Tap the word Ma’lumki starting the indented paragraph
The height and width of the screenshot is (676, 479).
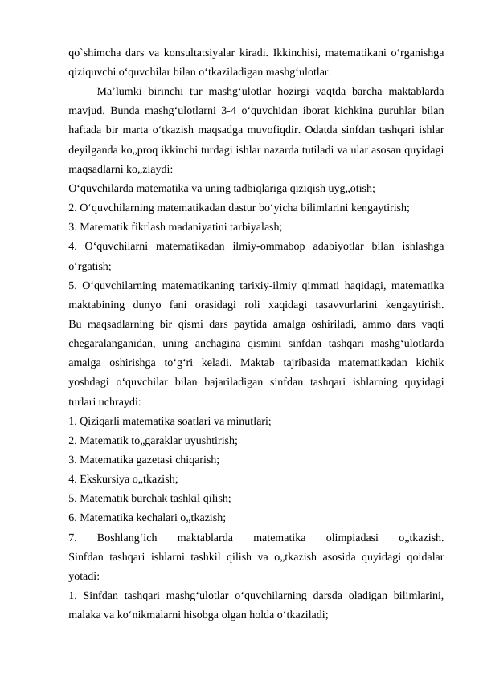coord(121,91)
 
